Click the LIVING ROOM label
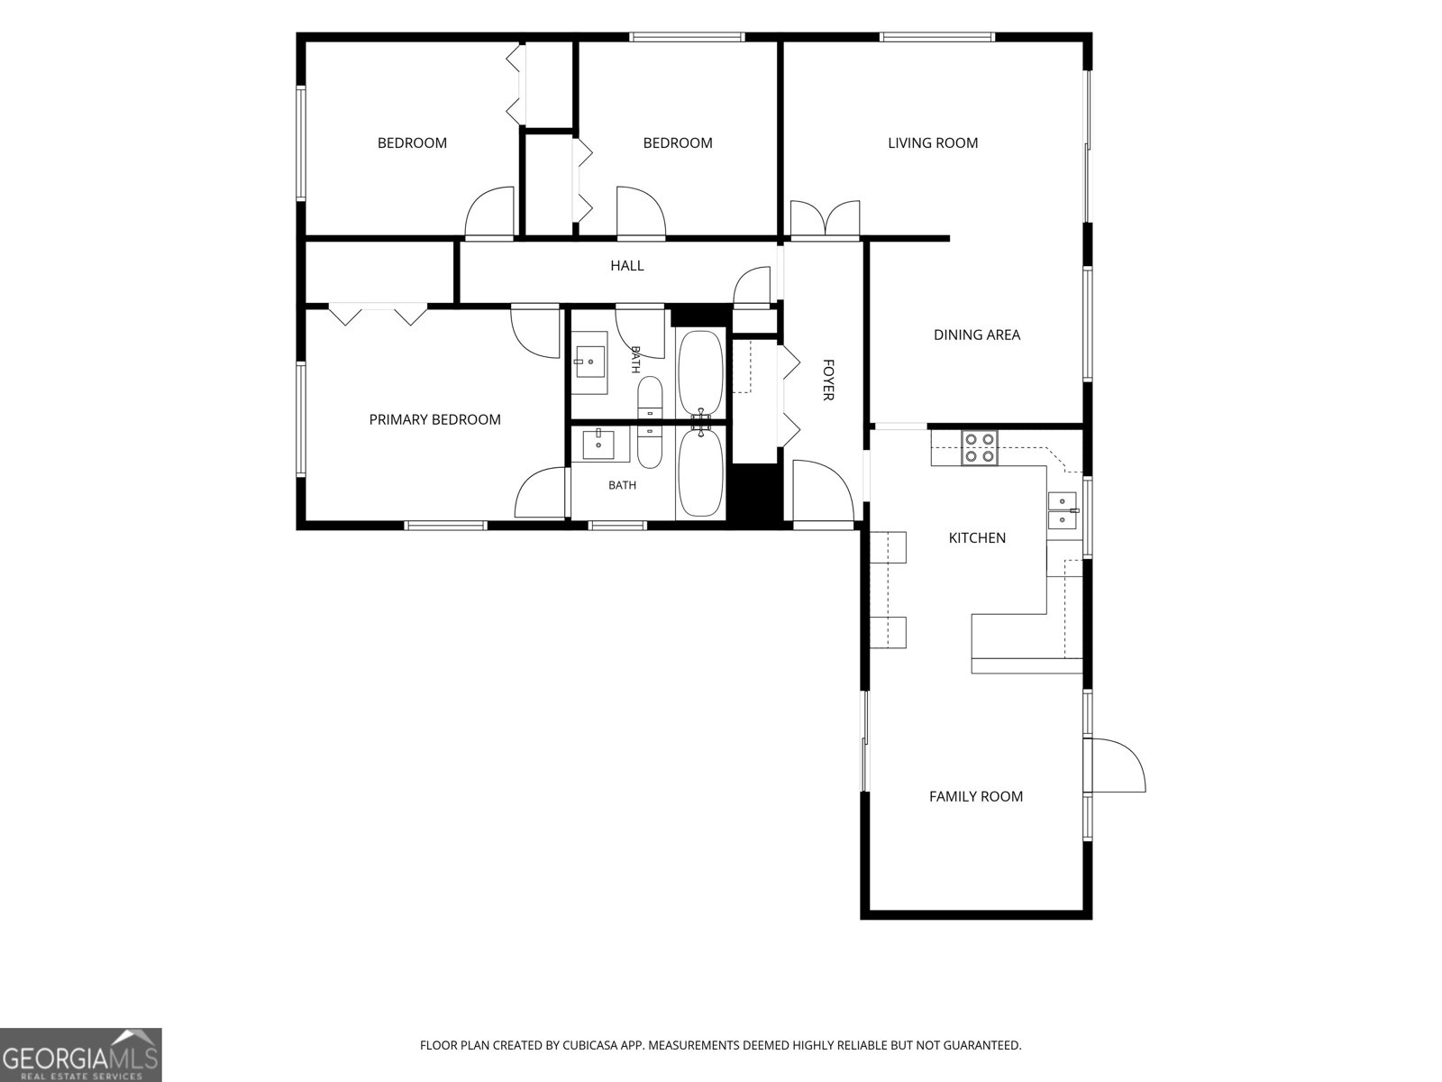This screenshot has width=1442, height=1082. [932, 142]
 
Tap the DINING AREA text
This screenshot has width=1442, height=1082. [977, 335]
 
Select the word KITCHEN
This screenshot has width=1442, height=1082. [977, 537]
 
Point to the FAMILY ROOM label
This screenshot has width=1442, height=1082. [975, 796]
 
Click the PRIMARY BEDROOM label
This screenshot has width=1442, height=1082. [435, 419]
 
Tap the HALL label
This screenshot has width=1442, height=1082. [626, 265]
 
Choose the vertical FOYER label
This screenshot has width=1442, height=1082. [827, 380]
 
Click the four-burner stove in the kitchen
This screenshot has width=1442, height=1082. [980, 448]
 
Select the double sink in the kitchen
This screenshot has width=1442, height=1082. [1062, 510]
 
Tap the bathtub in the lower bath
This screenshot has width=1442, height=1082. [700, 472]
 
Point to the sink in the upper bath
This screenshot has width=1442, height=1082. [589, 362]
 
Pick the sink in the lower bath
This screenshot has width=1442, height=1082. [598, 445]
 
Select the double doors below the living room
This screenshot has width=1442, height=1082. [825, 218]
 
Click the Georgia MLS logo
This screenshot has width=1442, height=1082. [81, 1055]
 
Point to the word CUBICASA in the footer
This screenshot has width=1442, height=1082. [589, 1045]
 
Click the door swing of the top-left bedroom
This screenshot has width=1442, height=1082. [489, 212]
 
